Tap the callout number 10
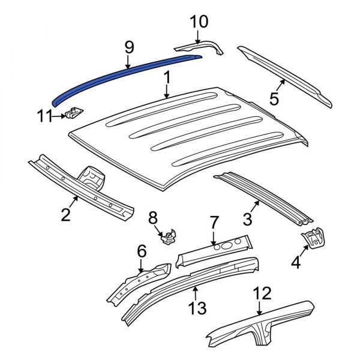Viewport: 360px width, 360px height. (199, 23)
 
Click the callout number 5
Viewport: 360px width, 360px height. (274, 98)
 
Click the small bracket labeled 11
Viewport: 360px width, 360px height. (74, 113)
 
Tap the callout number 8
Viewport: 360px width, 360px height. (152, 218)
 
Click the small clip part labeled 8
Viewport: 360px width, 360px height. (170, 238)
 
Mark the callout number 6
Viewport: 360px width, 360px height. (142, 251)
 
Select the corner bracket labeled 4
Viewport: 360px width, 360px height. (313, 238)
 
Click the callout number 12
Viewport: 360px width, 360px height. (262, 293)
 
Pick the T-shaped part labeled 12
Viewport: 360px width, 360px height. (264, 327)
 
